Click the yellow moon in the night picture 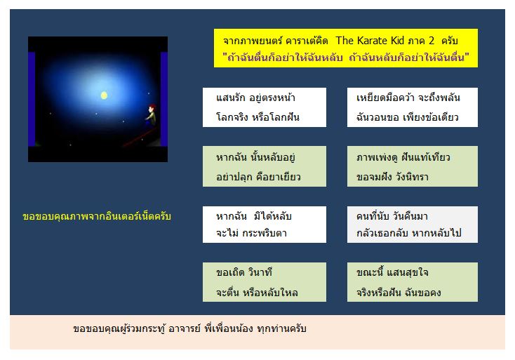pyautogui.click(x=104, y=95)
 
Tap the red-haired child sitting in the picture pyautogui.click(x=151, y=115)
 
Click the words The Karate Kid pyautogui.click(x=370, y=41)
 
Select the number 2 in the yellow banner pyautogui.click(x=431, y=41)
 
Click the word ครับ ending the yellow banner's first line pyautogui.click(x=449, y=41)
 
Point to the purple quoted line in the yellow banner pyautogui.click(x=345, y=57)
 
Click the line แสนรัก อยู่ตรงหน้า pyautogui.click(x=255, y=98)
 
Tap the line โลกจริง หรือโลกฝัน pyautogui.click(x=257, y=116)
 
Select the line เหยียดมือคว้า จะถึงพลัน pyautogui.click(x=408, y=98)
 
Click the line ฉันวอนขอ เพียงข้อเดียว pyautogui.click(x=407, y=117)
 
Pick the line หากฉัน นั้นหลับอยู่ pyautogui.click(x=255, y=157)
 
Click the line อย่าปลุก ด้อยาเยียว pyautogui.click(x=258, y=177)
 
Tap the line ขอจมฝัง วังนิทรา pyautogui.click(x=392, y=177)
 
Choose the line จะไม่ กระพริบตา pyautogui.click(x=251, y=233)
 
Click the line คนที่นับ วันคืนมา pyautogui.click(x=392, y=216)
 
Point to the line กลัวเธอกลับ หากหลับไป pyautogui.click(x=409, y=233)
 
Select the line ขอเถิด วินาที pyautogui.click(x=244, y=272)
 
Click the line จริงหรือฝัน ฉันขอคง pyautogui.click(x=399, y=292)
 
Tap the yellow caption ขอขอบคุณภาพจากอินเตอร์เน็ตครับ pyautogui.click(x=97, y=216)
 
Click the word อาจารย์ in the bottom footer pyautogui.click(x=184, y=328)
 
